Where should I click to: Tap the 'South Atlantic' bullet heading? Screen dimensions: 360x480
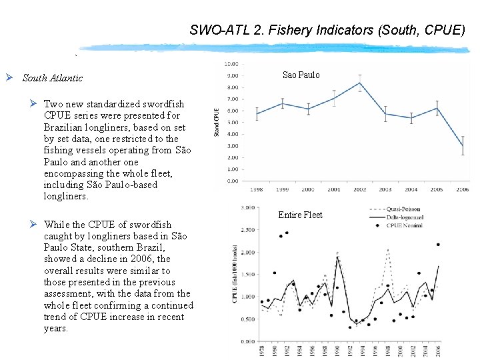click(53, 78)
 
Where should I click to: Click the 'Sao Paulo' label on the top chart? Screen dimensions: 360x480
click(301, 75)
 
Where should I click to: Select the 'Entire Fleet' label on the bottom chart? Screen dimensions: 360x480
click(300, 215)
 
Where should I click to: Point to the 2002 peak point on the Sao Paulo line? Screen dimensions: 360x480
click(360, 83)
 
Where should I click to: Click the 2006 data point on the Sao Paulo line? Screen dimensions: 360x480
click(463, 146)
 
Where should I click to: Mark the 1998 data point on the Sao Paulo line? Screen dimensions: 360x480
click(257, 113)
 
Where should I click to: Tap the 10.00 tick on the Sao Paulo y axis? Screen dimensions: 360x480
click(232, 65)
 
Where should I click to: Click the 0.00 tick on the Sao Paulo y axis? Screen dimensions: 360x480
click(232, 181)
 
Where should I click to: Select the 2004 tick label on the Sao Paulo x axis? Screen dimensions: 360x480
click(411, 189)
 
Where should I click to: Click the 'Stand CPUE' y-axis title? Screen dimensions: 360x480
click(217, 123)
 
